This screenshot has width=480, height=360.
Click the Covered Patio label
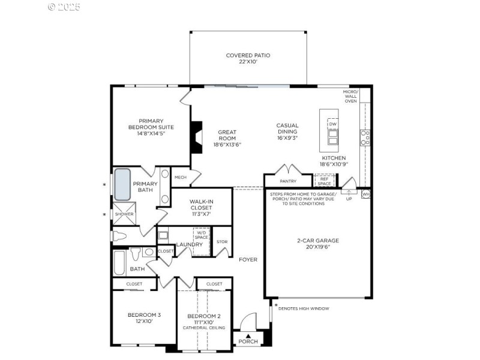(248, 55)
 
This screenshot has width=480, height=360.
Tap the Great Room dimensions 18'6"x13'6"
(227, 145)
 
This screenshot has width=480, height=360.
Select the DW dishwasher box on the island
(332, 124)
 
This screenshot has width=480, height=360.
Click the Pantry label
(289, 181)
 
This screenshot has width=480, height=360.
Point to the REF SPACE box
(324, 181)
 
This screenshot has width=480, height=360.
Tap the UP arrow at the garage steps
(349, 194)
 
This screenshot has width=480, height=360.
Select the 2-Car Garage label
(317, 241)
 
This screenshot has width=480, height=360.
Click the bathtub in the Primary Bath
(122, 184)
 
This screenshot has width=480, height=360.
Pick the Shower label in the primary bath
(124, 214)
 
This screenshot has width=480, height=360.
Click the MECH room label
(180, 178)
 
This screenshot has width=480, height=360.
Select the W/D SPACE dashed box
(202, 235)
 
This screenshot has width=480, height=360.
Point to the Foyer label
(248, 260)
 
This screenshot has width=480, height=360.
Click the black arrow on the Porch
(248, 335)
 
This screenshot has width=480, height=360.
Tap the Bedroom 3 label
(144, 314)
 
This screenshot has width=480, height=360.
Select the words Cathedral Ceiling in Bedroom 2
(204, 328)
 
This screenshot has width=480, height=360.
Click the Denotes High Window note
(304, 308)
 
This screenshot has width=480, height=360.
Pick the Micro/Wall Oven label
(350, 97)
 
